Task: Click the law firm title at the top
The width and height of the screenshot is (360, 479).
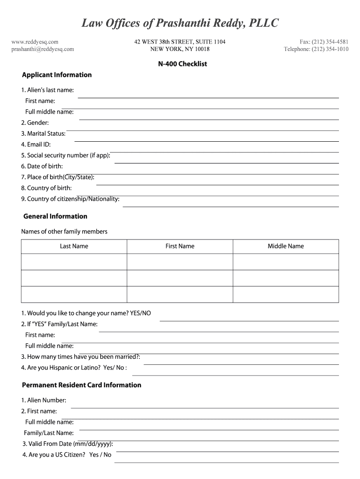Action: point(180,23)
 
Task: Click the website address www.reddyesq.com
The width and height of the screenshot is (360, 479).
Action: point(35,42)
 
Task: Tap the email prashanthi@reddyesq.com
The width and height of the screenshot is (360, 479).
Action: point(43,49)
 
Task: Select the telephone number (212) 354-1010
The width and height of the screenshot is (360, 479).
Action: point(316,49)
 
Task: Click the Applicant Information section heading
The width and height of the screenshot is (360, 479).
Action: point(57,75)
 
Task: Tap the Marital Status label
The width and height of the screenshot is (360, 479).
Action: point(43,133)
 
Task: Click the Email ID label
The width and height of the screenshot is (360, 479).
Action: point(36,145)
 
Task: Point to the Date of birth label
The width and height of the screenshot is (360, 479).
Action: point(42,166)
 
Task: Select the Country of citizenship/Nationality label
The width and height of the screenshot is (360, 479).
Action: point(70,199)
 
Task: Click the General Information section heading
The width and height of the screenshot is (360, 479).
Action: point(55,216)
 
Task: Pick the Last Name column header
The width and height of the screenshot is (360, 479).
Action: point(74,246)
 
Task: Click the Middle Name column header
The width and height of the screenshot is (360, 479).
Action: point(286,246)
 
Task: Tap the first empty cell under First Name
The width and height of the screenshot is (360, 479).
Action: point(180,261)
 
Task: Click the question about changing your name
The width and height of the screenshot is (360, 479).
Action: point(86,313)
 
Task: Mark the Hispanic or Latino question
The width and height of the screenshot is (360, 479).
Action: point(74,368)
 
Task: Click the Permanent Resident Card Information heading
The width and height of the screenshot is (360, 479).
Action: point(81,385)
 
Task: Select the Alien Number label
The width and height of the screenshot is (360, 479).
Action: point(43,400)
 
